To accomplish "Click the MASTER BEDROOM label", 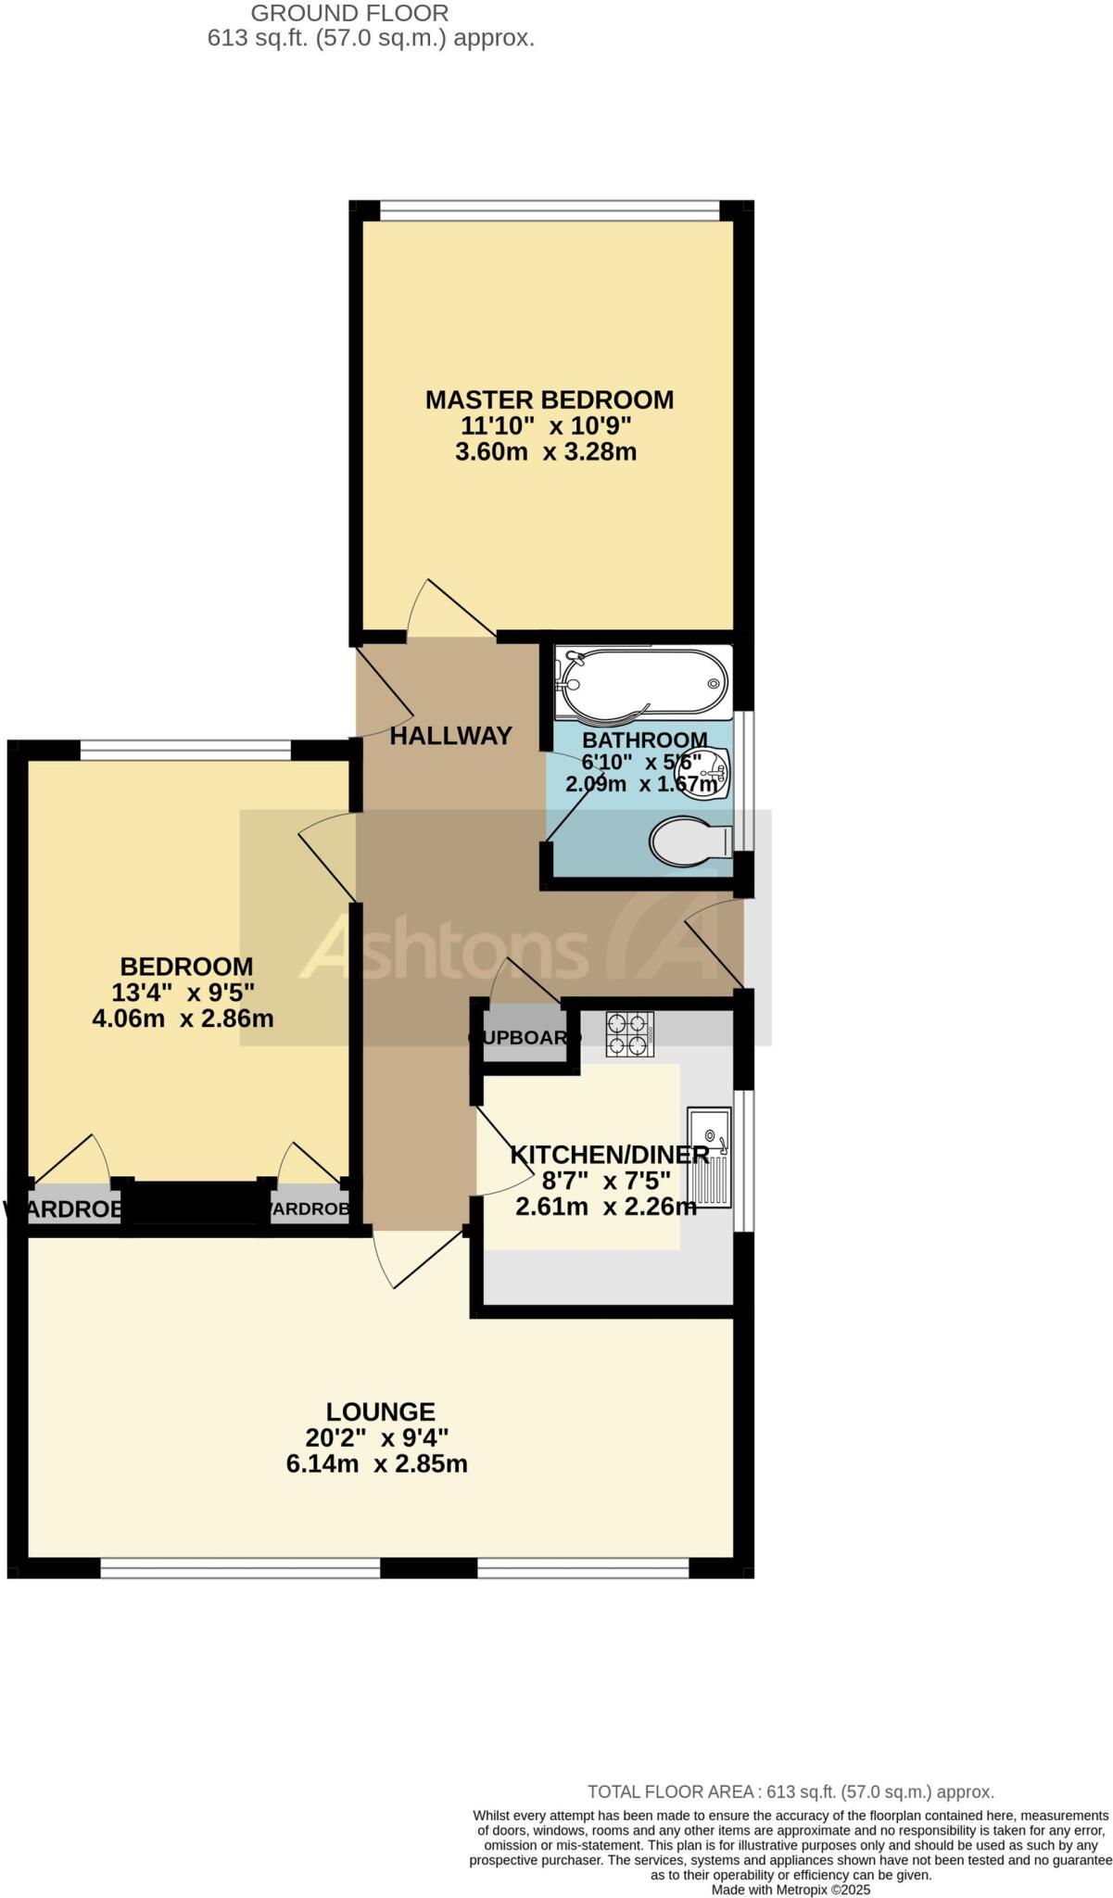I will pos(549,400).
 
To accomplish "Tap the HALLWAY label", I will pos(450,736).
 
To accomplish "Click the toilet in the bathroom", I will pos(691,841).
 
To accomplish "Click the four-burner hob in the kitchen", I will pos(630,1034).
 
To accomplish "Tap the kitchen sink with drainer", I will pos(709,1158).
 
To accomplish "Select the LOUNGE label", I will pos(380,1411).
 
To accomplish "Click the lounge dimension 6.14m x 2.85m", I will pos(377,1464).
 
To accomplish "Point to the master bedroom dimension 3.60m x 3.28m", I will pos(546,452).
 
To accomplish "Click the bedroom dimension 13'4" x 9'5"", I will pos(183,993).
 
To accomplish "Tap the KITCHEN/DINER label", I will pos(610,1155).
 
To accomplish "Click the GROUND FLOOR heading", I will pos(350,13).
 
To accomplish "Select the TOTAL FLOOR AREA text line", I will pos(790,1792).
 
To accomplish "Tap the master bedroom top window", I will pos(550,210).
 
